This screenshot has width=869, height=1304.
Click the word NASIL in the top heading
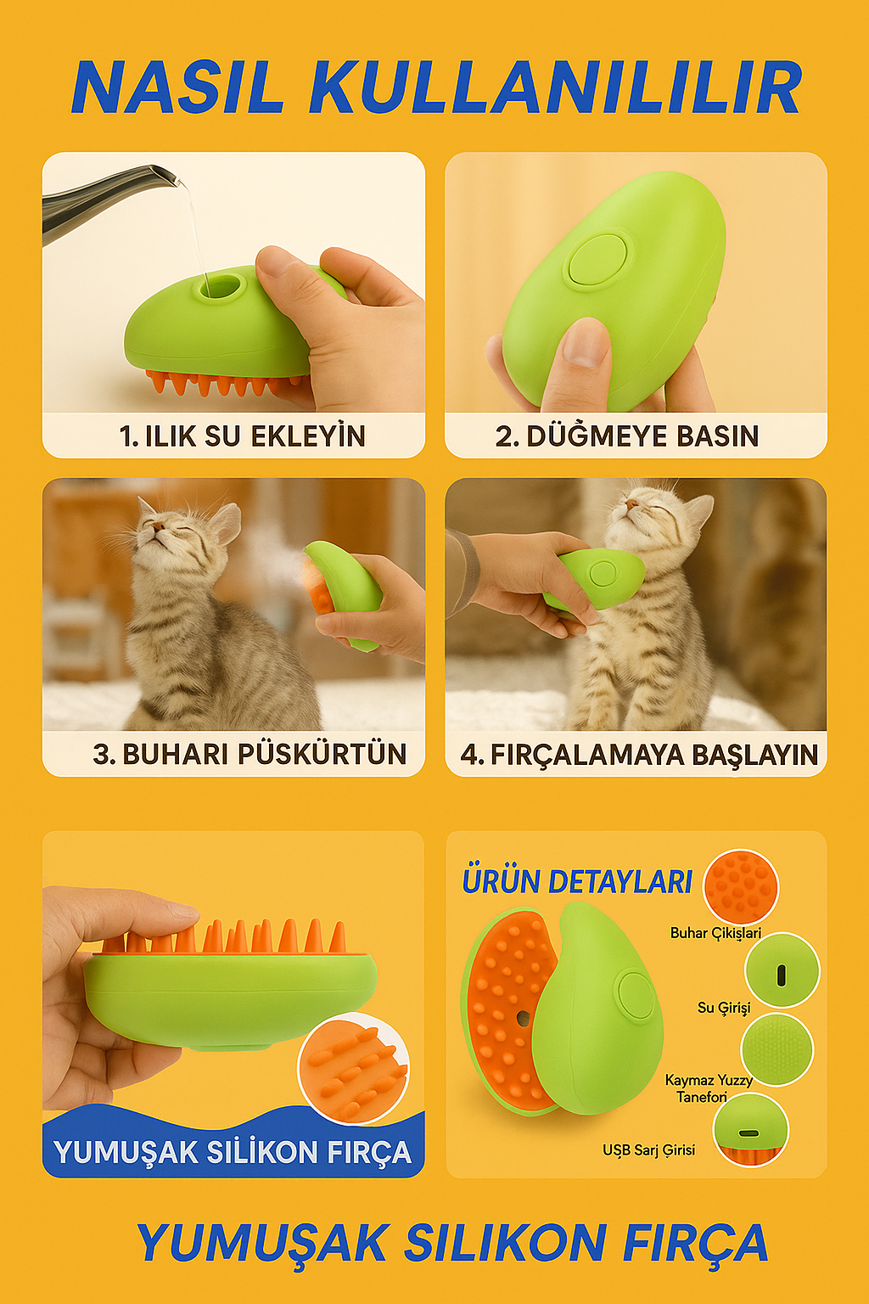click(x=177, y=87)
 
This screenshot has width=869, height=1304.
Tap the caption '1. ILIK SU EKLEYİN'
click(x=242, y=436)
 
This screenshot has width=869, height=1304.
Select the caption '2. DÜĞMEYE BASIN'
click(x=627, y=436)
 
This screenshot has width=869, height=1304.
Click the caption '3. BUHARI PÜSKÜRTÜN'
click(x=249, y=754)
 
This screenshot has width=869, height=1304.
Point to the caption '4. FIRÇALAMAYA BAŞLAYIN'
click(x=639, y=755)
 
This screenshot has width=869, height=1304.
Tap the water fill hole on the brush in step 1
click(x=220, y=287)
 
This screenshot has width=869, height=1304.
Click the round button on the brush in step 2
click(x=599, y=260)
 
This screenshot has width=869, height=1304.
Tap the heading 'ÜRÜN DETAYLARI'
click(x=577, y=882)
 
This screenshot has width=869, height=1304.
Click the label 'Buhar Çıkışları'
click(x=715, y=933)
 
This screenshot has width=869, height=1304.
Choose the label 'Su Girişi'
click(x=724, y=1008)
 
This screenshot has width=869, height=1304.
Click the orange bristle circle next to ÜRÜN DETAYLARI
click(x=741, y=886)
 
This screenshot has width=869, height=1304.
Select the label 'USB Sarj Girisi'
click(x=648, y=1150)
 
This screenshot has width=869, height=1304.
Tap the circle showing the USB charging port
click(x=750, y=1130)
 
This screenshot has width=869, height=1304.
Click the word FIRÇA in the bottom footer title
click(x=695, y=1244)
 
